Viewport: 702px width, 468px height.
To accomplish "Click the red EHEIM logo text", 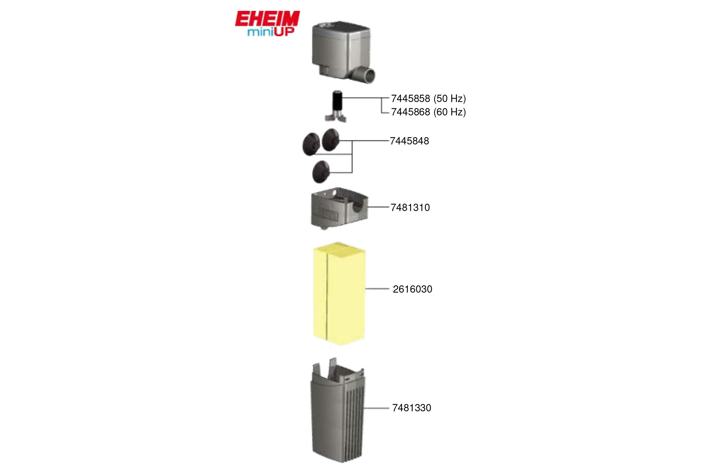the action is point(267,19).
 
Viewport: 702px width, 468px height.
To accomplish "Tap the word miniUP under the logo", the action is point(271,32).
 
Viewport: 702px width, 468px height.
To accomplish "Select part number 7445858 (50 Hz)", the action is point(428,99).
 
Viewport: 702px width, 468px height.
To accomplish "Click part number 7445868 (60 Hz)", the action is point(428,112).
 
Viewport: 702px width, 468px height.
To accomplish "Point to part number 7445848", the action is point(409,141).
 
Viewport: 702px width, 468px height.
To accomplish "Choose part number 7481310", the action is point(410,207).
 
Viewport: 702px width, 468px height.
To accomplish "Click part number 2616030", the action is point(412,289).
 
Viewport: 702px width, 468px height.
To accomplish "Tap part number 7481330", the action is point(412,408).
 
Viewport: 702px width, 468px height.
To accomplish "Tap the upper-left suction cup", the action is point(311,144).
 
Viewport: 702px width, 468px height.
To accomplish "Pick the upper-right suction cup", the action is point(331,140).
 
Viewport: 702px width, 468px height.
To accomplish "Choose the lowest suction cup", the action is point(321,172).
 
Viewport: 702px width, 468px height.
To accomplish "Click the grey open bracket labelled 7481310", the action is point(340,208).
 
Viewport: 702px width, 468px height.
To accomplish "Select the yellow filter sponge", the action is point(339,294).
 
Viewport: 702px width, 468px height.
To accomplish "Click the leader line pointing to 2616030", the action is point(377,289).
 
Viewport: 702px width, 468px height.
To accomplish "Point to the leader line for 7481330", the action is point(376,408).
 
